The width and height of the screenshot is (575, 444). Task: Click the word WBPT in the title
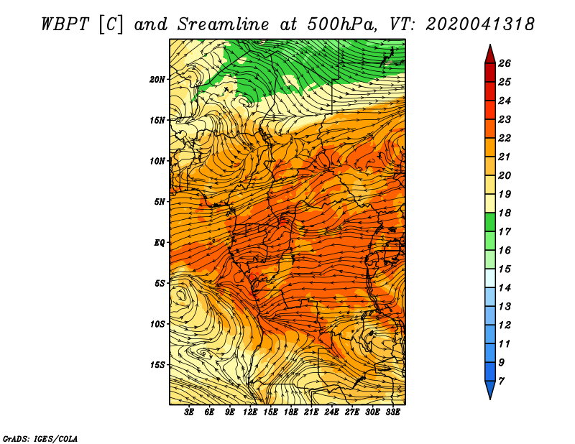pos(65,24)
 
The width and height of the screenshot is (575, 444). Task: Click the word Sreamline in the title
pos(224,24)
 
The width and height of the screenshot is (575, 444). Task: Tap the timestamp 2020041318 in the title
pos(480,24)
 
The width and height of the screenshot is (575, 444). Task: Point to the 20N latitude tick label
pos(157,79)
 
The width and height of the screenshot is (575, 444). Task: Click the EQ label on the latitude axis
pos(159,243)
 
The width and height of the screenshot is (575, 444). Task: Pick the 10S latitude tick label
pos(157,324)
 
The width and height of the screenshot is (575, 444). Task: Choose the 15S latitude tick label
pos(157,365)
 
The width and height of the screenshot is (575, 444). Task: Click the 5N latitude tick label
pos(160,202)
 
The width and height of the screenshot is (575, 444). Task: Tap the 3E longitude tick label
pos(189,412)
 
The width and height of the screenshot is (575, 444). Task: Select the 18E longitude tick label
pos(291,412)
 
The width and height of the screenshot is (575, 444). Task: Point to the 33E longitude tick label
pos(392,412)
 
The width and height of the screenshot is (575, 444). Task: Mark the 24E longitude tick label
pos(331,412)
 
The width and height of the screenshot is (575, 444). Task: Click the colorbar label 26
pos(505,63)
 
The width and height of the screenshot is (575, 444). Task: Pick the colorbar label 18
pos(505,213)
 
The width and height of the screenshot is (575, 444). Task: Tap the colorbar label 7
pos(501,381)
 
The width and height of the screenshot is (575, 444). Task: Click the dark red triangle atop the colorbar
pos(490,56)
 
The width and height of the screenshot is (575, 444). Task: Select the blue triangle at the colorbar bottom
pos(490,389)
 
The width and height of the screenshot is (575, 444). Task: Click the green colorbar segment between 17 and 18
pos(490,222)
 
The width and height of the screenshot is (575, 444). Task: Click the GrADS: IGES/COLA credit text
pos(40,439)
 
